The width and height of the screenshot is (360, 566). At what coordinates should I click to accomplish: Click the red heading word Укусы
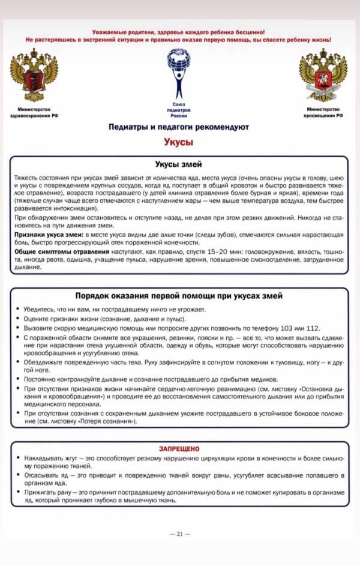point(179,142)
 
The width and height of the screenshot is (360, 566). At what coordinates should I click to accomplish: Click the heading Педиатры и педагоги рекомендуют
point(179,127)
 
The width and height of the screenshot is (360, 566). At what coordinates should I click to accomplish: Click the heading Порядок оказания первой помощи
point(179,296)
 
